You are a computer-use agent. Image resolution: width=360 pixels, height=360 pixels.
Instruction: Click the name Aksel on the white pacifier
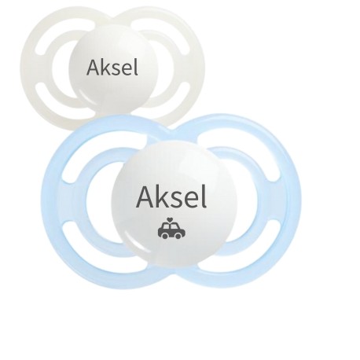[x=112, y=68]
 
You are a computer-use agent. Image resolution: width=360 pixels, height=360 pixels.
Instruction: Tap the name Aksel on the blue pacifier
[x=171, y=197]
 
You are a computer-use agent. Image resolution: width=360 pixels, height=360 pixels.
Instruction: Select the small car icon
[x=171, y=230]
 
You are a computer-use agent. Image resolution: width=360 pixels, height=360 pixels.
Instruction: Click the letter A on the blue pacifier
[x=145, y=198]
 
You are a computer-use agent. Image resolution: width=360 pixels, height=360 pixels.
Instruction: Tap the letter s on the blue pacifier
[x=176, y=200]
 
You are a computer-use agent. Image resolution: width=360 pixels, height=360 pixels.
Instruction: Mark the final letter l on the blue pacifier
[x=204, y=197]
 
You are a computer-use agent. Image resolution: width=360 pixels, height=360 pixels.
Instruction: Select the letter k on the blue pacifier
[x=163, y=197]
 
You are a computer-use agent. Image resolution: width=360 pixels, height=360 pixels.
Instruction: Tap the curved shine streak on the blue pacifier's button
[x=136, y=242]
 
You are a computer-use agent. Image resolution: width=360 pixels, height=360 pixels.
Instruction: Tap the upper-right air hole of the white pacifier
[x=163, y=33]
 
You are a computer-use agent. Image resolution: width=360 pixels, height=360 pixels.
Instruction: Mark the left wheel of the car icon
[x=164, y=236]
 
